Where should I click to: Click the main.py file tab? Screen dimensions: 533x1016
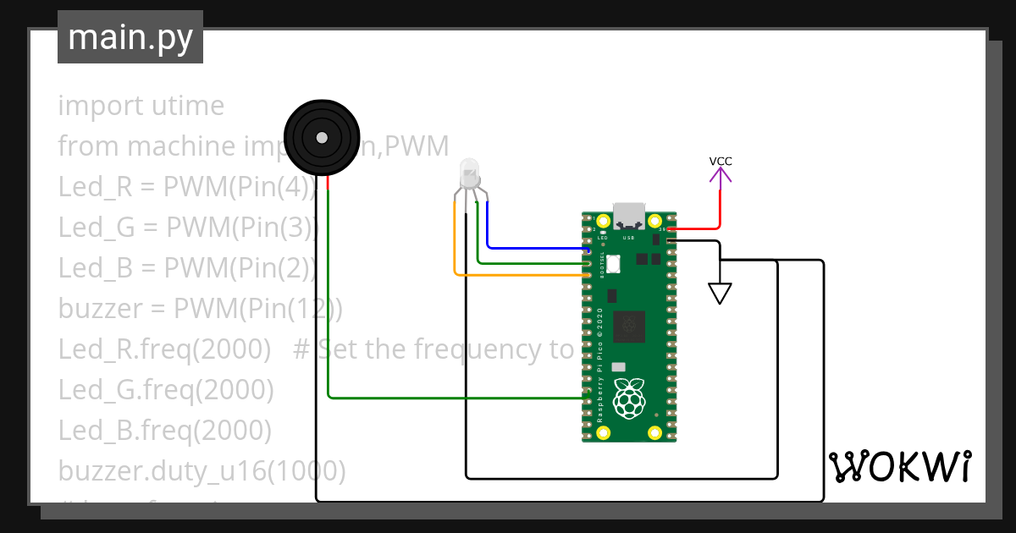pyautogui.click(x=130, y=37)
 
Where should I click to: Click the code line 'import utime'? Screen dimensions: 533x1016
pyautogui.click(x=141, y=106)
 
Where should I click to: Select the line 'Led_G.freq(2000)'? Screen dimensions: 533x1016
pyautogui.click(x=166, y=390)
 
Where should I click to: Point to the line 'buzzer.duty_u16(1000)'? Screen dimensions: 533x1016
pyautogui.click(x=202, y=470)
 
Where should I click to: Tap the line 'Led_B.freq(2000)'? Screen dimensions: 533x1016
pyautogui.click(x=165, y=431)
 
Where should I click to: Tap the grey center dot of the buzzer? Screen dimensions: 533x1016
pyautogui.click(x=322, y=137)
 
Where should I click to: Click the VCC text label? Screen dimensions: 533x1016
pyautogui.click(x=721, y=161)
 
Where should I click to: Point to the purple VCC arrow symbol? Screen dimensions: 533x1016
pyautogui.click(x=721, y=175)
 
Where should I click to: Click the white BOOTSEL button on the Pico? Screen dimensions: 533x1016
pyautogui.click(x=612, y=264)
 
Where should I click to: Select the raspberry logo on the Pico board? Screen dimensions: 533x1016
pyautogui.click(x=627, y=398)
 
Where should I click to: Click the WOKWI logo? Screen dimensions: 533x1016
pyautogui.click(x=899, y=467)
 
